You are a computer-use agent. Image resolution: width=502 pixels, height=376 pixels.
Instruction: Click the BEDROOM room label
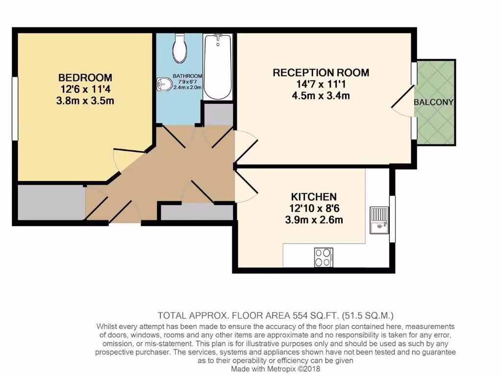coord(85,77)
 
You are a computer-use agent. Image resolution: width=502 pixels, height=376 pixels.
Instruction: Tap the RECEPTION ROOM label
coord(321,73)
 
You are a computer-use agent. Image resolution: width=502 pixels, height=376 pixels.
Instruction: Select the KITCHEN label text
coord(314,197)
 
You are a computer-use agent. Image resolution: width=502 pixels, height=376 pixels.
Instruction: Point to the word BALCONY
coord(433,102)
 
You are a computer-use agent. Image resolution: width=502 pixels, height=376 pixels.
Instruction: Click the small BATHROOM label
coord(187,76)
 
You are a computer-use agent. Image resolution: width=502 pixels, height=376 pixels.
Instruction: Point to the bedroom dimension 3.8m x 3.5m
coord(85,101)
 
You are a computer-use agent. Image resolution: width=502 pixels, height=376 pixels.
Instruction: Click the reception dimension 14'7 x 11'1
coord(321,84)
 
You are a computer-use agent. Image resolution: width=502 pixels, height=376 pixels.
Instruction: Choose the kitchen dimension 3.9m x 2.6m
coord(314,220)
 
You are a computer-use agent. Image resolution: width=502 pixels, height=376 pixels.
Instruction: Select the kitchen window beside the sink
coord(392,218)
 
